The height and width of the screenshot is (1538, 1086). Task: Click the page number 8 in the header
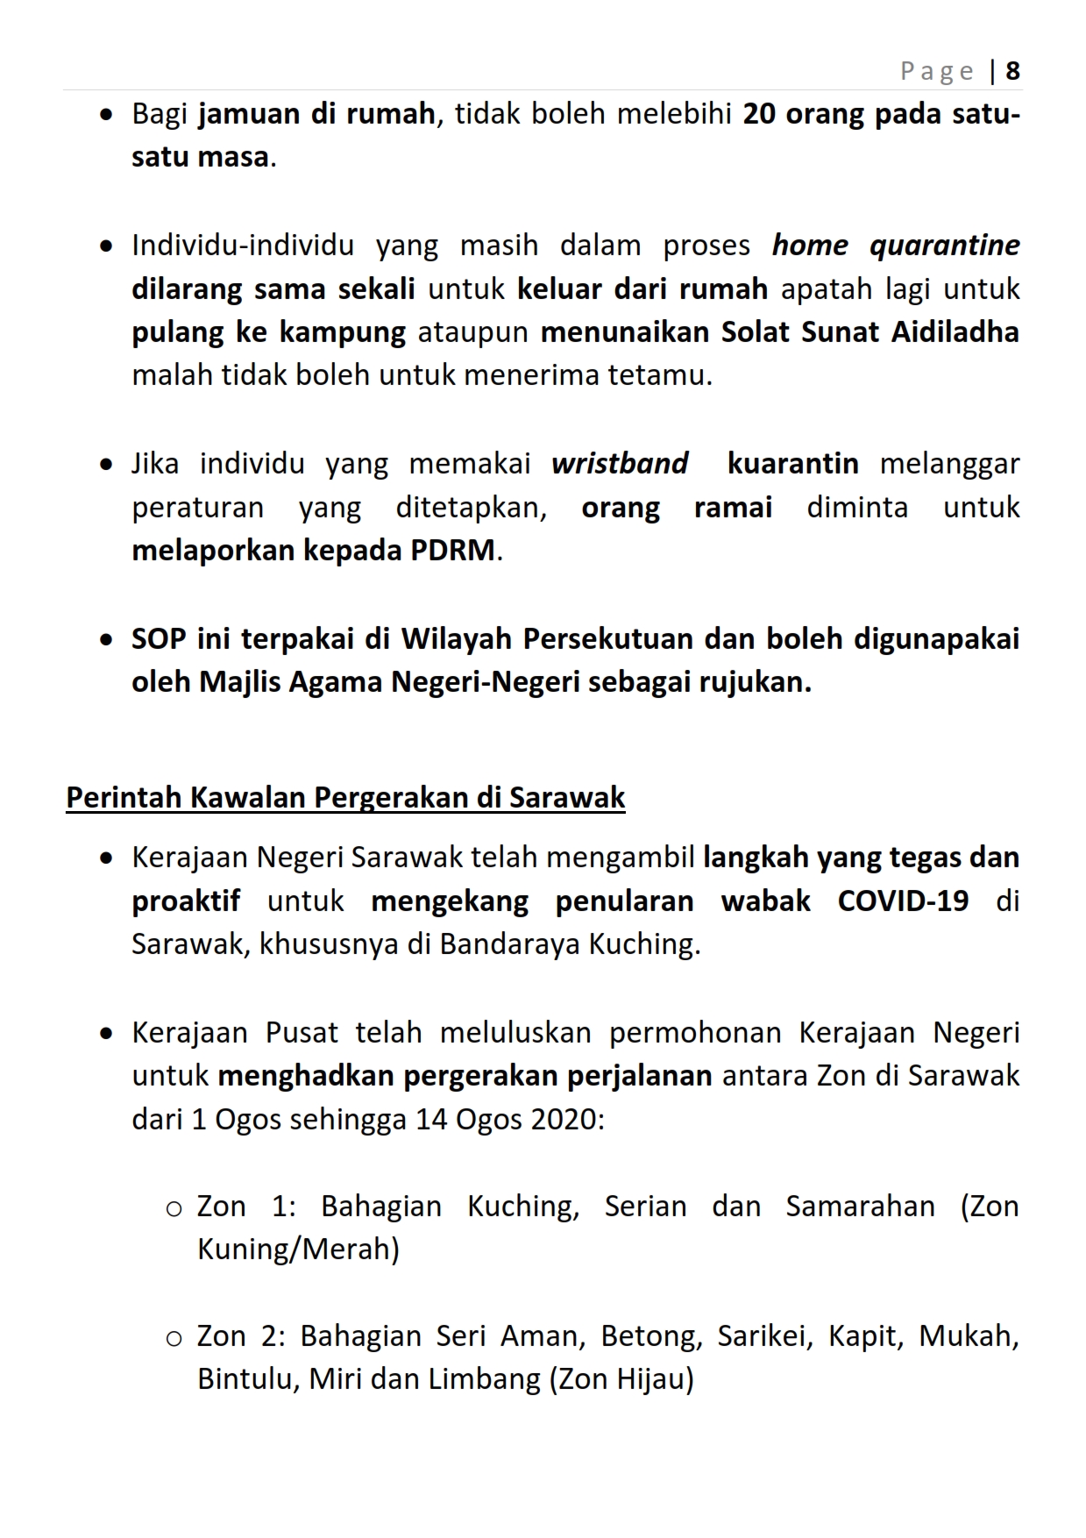pyautogui.click(x=1012, y=71)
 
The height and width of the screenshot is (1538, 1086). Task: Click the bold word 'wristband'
pyautogui.click(x=620, y=464)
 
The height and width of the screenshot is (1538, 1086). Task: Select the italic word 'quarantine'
pyautogui.click(x=944, y=246)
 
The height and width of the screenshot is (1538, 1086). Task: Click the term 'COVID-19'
pyautogui.click(x=903, y=901)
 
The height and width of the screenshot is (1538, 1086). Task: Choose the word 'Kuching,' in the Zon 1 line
pyautogui.click(x=523, y=1207)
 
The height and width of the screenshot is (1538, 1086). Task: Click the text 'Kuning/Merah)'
pyautogui.click(x=298, y=1250)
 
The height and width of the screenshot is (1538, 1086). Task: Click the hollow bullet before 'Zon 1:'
pyautogui.click(x=174, y=1209)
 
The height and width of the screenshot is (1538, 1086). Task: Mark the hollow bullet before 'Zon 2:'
pyautogui.click(x=174, y=1339)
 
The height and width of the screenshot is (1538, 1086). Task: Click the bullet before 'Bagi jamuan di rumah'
pyautogui.click(x=106, y=115)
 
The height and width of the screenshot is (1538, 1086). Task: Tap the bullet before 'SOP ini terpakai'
pyautogui.click(x=106, y=640)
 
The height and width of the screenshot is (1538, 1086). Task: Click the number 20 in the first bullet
pyautogui.click(x=759, y=115)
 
